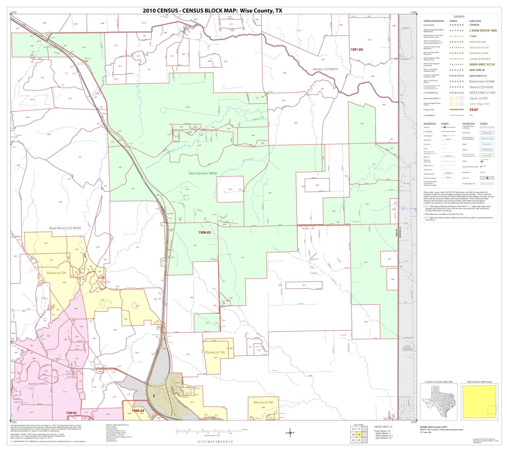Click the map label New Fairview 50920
(x=203, y=173)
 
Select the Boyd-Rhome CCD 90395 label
(x=65, y=228)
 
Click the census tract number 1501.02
(x=356, y=50)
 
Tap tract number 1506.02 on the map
(x=205, y=232)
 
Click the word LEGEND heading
(x=459, y=17)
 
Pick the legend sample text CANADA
(x=474, y=25)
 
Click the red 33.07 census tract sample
(x=473, y=110)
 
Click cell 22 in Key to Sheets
(x=354, y=440)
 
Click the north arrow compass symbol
(x=290, y=433)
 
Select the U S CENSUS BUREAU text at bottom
(x=215, y=441)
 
